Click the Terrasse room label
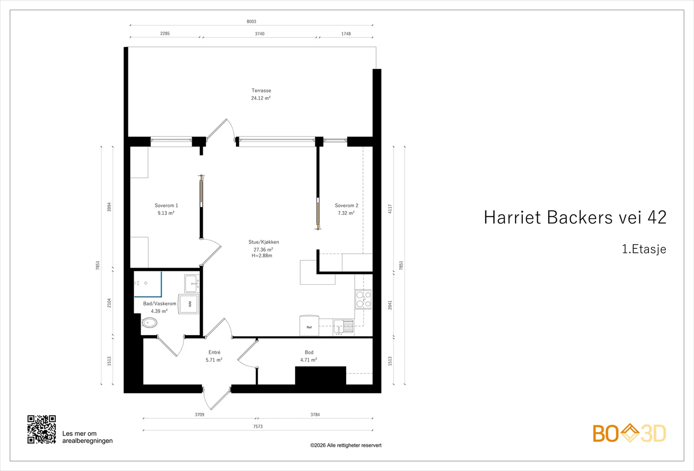261,91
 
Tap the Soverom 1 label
167,206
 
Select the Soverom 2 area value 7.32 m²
346,213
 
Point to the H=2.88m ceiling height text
262,256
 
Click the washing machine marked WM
188,304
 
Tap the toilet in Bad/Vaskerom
150,323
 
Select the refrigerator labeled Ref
309,326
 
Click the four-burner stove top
363,299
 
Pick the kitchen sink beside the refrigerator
343,327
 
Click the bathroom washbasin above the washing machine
192,283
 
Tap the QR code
42,429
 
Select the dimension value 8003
251,21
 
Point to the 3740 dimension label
260,33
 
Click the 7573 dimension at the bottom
258,426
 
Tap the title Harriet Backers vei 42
575,217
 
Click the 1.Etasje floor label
644,249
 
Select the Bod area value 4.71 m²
308,360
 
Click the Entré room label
214,352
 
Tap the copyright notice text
346,445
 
